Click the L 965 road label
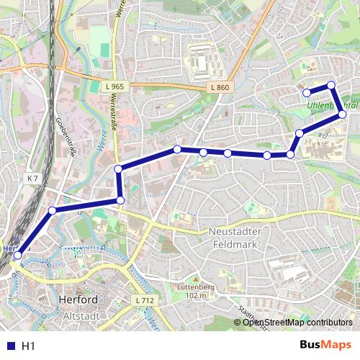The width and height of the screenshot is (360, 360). coord(114,86)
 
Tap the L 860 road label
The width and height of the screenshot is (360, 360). coord(220,87)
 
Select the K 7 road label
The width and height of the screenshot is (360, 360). coord(32,177)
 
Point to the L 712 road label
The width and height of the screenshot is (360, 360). coord(145,299)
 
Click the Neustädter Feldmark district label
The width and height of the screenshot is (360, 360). coord(237,238)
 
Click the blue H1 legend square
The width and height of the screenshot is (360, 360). coord(9,346)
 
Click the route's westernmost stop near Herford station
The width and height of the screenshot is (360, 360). coord(18,255)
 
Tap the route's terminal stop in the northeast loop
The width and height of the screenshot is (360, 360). coord(307,92)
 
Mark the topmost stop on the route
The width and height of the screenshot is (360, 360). coord(331,86)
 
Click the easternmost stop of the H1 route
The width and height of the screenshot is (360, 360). coord(343,114)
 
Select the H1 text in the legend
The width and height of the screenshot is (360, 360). coord(28,346)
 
